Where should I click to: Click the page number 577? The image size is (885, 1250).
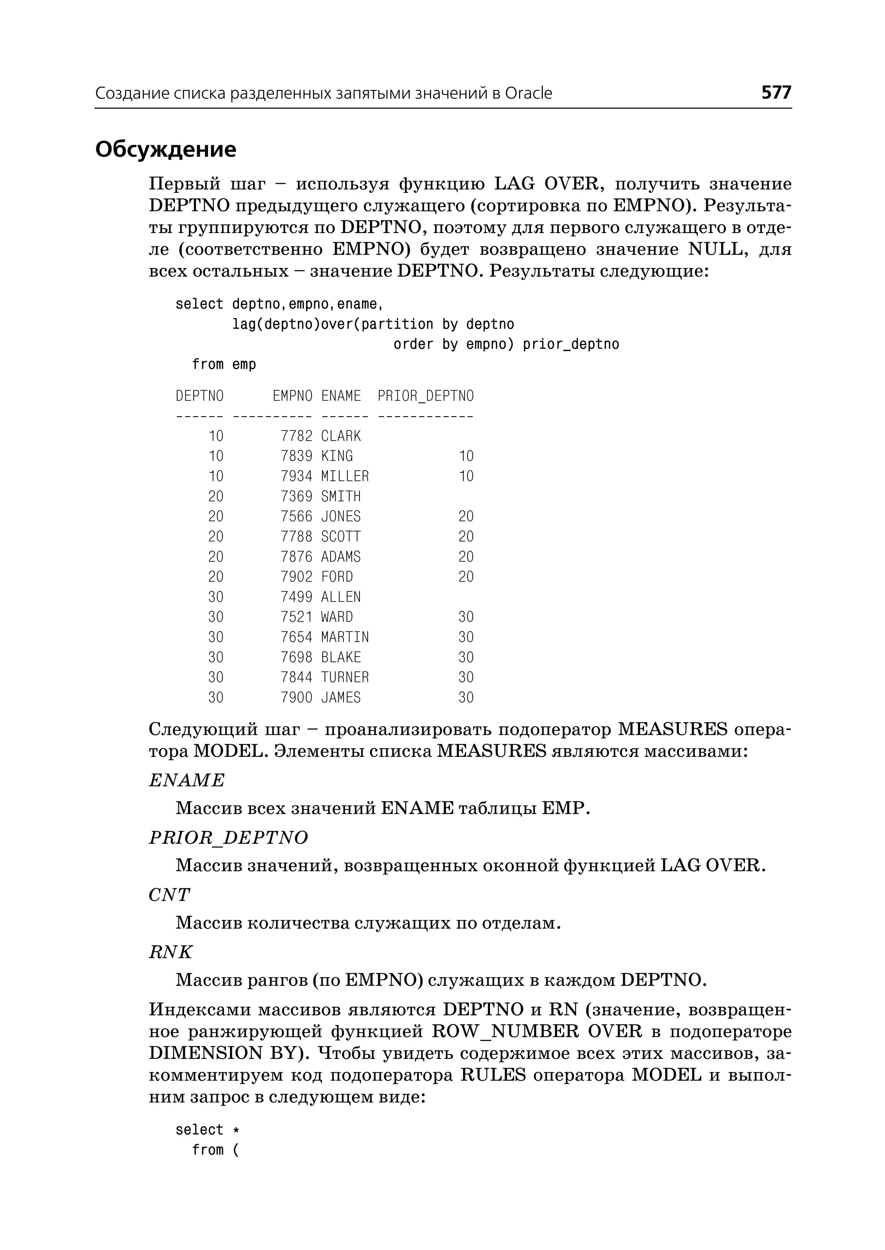tap(776, 92)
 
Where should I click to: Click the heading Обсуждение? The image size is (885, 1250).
tap(166, 149)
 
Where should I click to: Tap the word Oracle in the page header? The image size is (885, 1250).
tap(528, 93)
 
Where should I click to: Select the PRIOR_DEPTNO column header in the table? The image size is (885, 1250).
tap(425, 396)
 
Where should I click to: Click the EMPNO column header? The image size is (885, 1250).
tap(293, 396)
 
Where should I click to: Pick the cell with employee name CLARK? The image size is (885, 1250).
tap(341, 436)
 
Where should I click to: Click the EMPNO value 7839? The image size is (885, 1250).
tap(296, 456)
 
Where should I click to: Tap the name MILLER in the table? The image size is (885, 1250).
tap(344, 476)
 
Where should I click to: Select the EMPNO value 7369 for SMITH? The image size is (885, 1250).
tap(296, 497)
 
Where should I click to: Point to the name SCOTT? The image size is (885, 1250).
tap(341, 537)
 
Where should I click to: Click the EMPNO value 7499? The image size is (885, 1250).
tap(296, 597)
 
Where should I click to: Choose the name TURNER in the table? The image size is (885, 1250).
tap(344, 678)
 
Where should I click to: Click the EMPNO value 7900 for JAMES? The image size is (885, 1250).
tap(296, 698)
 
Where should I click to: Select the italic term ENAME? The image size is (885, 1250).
tap(186, 781)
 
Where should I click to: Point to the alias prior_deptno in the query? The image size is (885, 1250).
tap(570, 344)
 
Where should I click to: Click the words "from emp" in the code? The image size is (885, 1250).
tap(223, 364)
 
